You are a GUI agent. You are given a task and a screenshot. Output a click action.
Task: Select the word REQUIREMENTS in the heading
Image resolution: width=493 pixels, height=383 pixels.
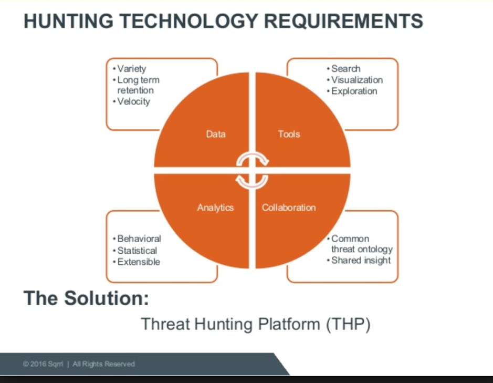[x=343, y=21]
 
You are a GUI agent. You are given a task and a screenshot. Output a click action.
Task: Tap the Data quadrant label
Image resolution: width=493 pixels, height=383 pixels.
[x=216, y=134]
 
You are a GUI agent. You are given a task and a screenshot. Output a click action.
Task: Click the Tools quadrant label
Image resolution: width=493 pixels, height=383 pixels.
[x=289, y=134]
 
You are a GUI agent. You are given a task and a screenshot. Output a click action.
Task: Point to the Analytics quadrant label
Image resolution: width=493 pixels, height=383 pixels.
[x=215, y=208]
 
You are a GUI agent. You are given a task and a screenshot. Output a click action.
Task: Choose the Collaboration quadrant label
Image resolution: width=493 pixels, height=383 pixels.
[x=289, y=208]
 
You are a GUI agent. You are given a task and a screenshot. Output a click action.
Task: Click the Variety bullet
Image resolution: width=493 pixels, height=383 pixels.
[x=130, y=69]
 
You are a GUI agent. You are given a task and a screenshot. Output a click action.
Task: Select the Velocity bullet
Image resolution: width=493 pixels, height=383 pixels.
[x=131, y=101]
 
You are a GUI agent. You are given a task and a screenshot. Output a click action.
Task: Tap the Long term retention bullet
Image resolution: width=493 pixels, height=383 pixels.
[x=136, y=85]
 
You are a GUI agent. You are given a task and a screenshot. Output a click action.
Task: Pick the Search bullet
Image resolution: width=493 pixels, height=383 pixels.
[x=344, y=69]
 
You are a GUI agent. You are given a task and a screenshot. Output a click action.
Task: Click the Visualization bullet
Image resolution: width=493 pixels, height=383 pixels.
[x=355, y=80]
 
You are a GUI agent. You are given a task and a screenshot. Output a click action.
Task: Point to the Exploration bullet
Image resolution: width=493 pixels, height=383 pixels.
[x=352, y=91]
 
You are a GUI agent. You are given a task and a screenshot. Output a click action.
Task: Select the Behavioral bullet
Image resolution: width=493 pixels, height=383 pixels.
[x=137, y=239]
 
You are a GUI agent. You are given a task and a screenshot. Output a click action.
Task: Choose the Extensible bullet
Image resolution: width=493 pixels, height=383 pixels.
[x=137, y=262]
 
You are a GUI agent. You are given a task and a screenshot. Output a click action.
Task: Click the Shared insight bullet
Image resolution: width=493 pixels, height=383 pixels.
[x=359, y=261]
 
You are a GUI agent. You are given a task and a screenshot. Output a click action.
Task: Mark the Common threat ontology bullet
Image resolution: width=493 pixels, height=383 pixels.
[x=360, y=244]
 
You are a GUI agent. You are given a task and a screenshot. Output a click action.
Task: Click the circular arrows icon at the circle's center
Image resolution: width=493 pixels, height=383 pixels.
[x=252, y=170]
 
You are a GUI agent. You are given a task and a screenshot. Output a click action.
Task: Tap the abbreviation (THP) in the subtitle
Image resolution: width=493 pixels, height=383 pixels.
[x=349, y=324]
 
